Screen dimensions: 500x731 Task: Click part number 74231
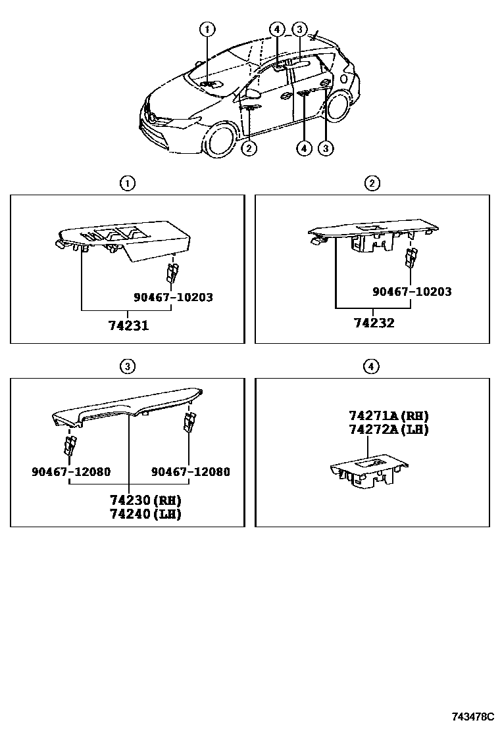point(129,325)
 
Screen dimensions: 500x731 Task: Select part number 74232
point(374,323)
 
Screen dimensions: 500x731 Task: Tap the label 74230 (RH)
point(145,500)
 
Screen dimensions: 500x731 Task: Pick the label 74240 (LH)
point(145,514)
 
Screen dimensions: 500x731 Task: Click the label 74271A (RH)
point(389,415)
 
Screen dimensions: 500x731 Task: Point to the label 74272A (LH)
point(389,429)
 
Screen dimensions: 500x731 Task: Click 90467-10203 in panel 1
point(174,297)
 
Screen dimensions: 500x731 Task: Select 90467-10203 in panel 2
point(412,291)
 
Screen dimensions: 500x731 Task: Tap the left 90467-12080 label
point(71,471)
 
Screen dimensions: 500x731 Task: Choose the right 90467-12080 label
point(191,471)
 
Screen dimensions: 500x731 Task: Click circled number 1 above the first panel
point(128,183)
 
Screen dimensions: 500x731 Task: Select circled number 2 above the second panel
point(372,183)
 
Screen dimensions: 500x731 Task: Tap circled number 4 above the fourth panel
point(371,366)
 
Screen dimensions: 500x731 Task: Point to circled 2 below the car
point(249,149)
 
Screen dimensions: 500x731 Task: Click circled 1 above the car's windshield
point(207,30)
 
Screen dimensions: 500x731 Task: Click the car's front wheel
point(218,140)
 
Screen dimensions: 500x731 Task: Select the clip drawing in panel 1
point(172,273)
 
